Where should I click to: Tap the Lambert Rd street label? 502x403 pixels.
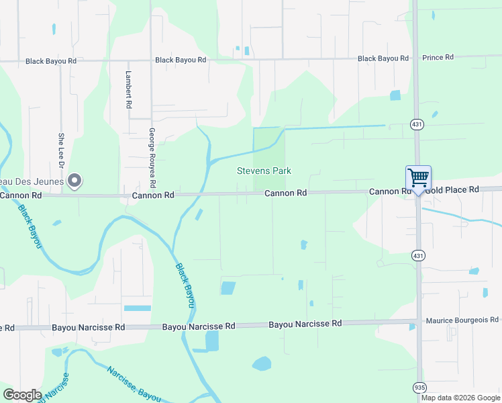(x=128, y=91)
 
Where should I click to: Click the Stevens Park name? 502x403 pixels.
(x=264, y=171)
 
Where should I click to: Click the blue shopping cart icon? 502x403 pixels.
(x=417, y=179)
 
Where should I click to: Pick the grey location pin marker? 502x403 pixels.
(x=75, y=180)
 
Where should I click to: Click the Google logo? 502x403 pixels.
(x=22, y=395)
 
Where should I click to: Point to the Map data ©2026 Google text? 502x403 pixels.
(x=461, y=398)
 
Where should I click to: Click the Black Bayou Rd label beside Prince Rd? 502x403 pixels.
(x=383, y=58)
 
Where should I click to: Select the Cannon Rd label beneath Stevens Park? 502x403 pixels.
(x=285, y=193)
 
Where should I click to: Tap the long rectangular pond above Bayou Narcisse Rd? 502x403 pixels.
(x=138, y=308)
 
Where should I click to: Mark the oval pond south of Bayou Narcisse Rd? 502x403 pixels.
(x=261, y=364)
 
